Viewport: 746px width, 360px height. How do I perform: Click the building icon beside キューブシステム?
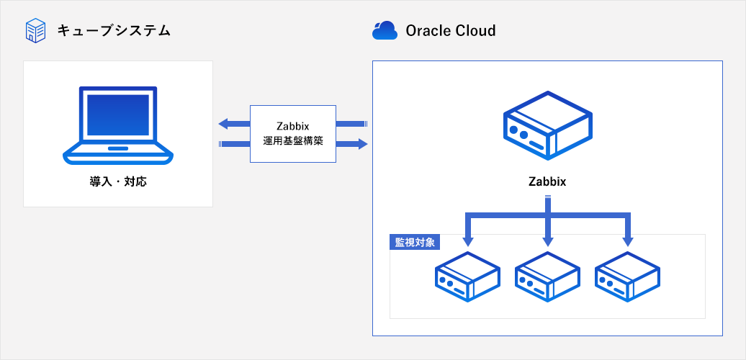point(35,31)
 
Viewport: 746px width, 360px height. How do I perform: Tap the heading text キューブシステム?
point(114,31)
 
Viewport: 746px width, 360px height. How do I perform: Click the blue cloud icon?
point(385,30)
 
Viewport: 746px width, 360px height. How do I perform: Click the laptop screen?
point(118,114)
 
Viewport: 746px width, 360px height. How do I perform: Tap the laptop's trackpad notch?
point(117,149)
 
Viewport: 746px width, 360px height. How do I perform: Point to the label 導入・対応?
point(118,181)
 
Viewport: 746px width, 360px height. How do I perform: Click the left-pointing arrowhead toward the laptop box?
point(225,124)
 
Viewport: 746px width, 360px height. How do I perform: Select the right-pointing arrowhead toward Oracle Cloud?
point(362,144)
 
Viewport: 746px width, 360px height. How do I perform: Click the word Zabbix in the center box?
point(293,127)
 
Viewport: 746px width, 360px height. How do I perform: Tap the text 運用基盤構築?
point(293,141)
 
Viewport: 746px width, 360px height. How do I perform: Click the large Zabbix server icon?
point(547,126)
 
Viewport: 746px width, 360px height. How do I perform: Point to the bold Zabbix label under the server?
point(547,181)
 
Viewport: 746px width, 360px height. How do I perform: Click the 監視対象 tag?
point(415,242)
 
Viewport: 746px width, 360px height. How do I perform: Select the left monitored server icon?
point(467,276)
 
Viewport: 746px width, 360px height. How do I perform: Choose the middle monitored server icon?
point(547,276)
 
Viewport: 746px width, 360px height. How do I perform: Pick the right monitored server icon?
point(627,276)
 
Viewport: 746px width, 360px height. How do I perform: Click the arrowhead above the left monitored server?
point(467,241)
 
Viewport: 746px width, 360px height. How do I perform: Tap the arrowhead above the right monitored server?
point(627,241)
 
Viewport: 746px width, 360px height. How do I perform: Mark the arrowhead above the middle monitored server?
point(547,241)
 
